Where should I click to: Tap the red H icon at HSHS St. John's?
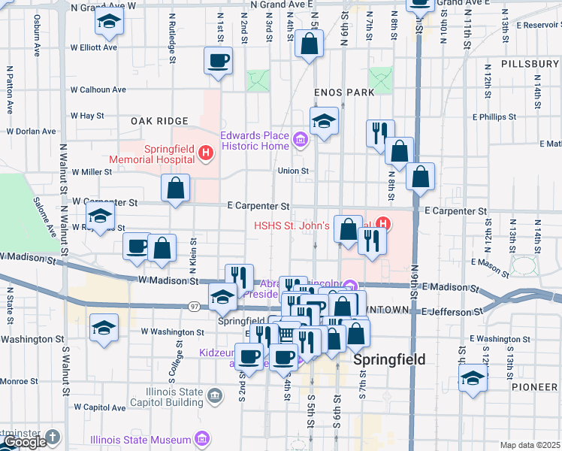384,223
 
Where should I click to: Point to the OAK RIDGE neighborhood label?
159,121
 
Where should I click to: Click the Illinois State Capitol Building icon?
215,395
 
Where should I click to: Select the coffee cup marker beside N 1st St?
219,60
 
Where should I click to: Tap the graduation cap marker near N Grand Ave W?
110,22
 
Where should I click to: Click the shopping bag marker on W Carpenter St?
175,189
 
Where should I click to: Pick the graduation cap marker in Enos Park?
324,121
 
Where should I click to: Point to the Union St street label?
293,171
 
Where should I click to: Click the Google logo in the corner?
26,442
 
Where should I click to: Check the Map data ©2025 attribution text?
530,445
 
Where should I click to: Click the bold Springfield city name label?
389,359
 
